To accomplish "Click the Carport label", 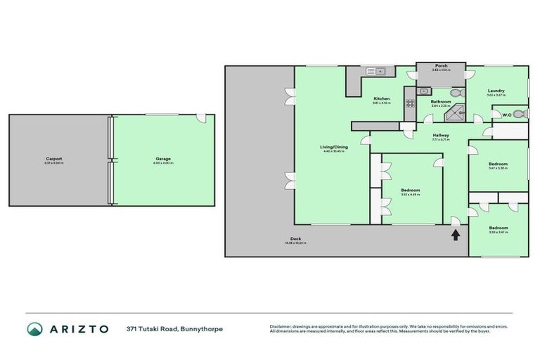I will tap(53, 159).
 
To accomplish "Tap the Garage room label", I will tap(163, 159).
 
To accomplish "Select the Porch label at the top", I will tap(441, 66).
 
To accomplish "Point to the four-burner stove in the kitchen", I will tap(411, 103).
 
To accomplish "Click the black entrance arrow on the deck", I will tap(456, 235).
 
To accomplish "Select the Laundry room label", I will tap(497, 91).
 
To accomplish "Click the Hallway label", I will tap(441, 135).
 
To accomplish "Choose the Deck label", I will tap(295, 239).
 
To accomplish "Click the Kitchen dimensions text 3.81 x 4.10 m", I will tap(381, 103).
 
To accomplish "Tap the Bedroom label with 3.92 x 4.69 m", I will tap(410, 191).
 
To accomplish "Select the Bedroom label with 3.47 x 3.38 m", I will tap(498, 164).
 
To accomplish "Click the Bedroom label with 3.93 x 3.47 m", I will tap(498, 228).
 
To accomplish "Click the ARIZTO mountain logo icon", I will tap(34, 329).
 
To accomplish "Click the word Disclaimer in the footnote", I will tap(281, 326).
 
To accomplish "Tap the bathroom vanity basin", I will tap(424, 91).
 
